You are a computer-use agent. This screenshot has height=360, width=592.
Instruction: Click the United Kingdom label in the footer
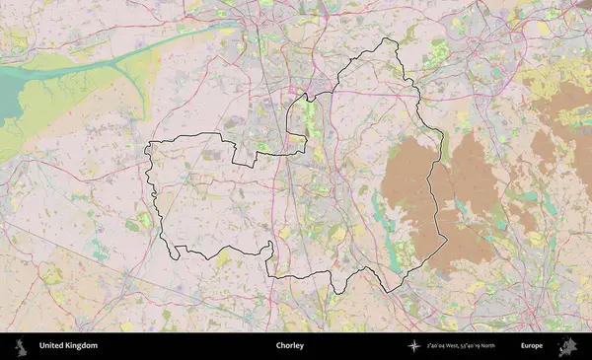68,346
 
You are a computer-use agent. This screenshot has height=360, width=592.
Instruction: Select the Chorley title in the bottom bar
290,346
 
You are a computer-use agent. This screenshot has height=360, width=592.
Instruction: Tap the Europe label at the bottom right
532,346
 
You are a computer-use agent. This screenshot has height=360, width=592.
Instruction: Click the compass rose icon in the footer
413,346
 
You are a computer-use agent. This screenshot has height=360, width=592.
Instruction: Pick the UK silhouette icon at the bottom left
20,346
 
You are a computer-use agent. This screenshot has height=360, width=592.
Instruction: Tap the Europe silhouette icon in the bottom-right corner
568,346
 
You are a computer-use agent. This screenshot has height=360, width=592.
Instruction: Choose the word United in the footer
50,346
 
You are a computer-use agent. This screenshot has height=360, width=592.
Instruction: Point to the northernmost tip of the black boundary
385,39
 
